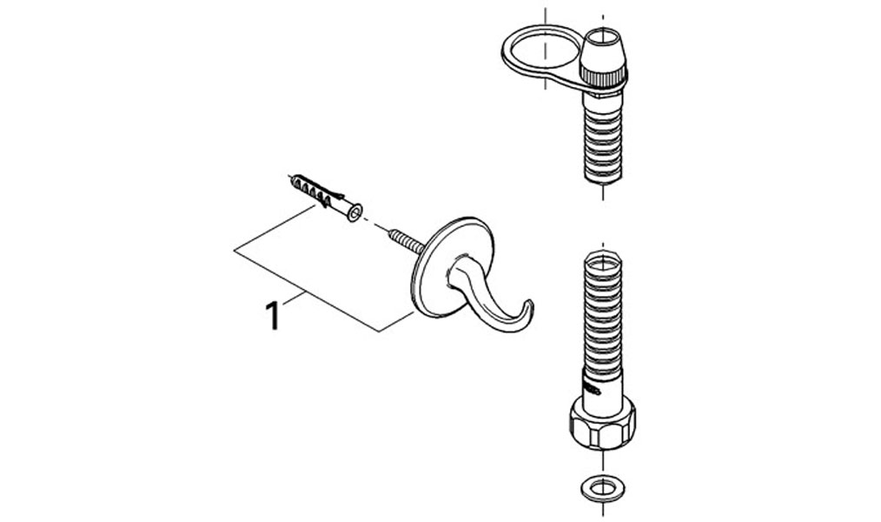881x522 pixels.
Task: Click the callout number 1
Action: pyautogui.click(x=273, y=316)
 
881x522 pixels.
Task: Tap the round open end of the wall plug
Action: pyautogui.click(x=354, y=212)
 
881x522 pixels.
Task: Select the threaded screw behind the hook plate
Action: pyautogui.click(x=406, y=239)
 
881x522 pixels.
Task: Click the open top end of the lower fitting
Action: pyautogui.click(x=603, y=260)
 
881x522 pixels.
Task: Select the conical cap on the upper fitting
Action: pyautogui.click(x=603, y=50)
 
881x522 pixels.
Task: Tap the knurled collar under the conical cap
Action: pyautogui.click(x=603, y=77)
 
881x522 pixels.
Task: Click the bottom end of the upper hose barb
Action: pyautogui.click(x=603, y=182)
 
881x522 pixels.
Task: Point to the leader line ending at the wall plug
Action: pyautogui.click(x=275, y=228)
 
